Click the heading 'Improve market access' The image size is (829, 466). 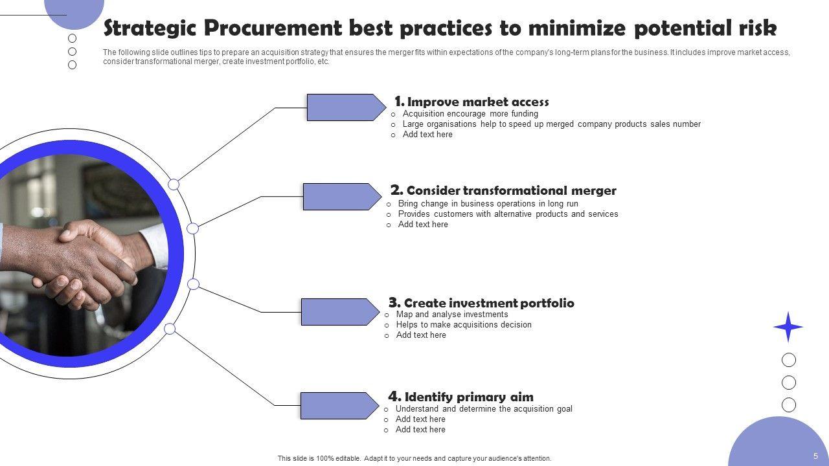coord(478,102)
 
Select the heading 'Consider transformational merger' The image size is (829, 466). coord(511,190)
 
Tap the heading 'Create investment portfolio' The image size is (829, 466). coord(489,303)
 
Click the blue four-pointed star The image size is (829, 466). coord(788,327)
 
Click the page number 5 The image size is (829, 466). coord(816,456)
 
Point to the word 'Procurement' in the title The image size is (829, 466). coord(272,28)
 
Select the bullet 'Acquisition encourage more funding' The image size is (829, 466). coord(470,114)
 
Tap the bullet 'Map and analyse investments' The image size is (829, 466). coord(452,315)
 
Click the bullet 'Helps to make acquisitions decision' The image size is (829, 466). coord(464,325)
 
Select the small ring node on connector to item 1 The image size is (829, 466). coord(174,184)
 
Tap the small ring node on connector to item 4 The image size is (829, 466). coord(170,329)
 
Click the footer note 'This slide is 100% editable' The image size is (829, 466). coord(414,458)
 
